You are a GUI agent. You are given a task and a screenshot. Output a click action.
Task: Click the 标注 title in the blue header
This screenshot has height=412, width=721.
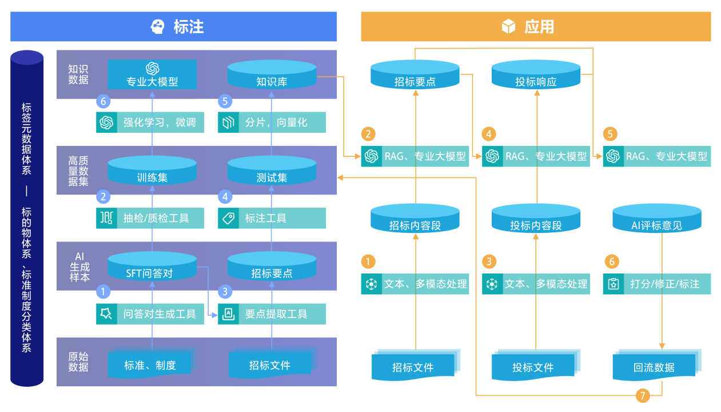click(x=189, y=27)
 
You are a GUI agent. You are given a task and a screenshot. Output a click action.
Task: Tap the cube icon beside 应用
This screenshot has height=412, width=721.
click(x=508, y=27)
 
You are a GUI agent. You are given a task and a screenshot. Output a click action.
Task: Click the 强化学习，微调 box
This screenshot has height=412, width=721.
click(x=150, y=122)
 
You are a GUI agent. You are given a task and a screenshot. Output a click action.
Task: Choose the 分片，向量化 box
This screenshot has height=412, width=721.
click(x=272, y=122)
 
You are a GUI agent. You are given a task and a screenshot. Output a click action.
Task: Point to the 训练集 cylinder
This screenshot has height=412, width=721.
click(x=152, y=172)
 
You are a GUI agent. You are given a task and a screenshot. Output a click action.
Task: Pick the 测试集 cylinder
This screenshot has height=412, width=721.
click(x=272, y=172)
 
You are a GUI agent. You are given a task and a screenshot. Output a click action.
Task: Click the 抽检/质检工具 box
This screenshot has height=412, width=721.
click(x=150, y=218)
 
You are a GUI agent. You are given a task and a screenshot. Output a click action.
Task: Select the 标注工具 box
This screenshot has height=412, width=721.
click(x=272, y=218)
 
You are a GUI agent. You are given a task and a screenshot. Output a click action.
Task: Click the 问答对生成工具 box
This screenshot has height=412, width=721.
click(x=150, y=314)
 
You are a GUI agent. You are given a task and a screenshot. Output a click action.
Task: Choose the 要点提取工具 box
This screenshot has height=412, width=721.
click(x=272, y=314)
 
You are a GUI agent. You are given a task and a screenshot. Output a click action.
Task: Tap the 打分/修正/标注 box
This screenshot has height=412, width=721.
click(x=656, y=284)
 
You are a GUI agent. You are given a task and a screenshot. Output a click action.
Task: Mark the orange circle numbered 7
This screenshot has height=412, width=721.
click(x=643, y=395)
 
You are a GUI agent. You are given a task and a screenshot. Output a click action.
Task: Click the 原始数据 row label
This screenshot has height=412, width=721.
click(x=78, y=362)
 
